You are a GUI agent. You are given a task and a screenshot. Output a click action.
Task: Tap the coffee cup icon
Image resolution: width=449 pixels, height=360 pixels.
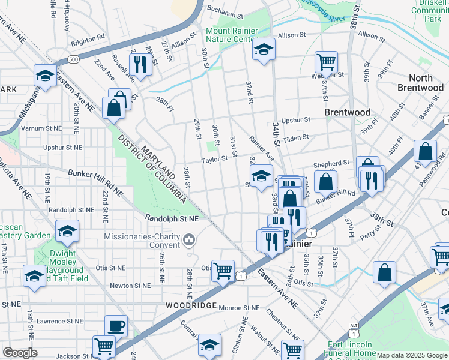pyautogui.click(x=116, y=326)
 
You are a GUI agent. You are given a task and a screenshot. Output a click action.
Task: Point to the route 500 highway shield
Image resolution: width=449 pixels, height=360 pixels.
pyautogui.click(x=74, y=60)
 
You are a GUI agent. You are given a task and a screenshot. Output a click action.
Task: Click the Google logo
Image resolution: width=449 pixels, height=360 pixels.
pyautogui.click(x=20, y=353)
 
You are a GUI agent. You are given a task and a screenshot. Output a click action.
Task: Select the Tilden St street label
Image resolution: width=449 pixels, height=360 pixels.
pyautogui.click(x=295, y=137)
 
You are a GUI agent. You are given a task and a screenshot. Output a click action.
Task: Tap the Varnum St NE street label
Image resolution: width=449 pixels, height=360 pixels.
pyautogui.click(x=41, y=128)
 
